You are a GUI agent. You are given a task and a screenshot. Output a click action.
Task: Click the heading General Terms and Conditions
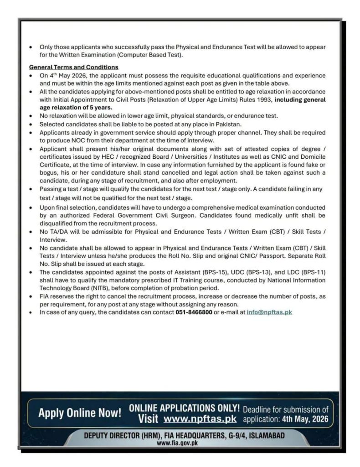point(73,67)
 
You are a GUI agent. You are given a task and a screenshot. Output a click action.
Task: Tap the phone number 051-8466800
point(194,312)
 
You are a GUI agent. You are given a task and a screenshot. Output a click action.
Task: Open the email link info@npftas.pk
point(269,312)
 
